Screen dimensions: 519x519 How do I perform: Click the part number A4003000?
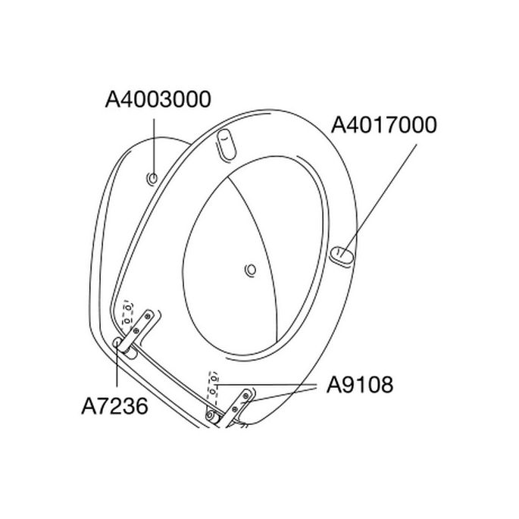[158, 99]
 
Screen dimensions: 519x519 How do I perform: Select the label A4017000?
[384, 125]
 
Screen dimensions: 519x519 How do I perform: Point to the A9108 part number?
[360, 385]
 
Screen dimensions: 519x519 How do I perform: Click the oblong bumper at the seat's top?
[225, 143]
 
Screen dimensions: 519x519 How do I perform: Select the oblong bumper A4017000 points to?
[342, 257]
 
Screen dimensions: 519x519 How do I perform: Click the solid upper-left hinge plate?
[142, 324]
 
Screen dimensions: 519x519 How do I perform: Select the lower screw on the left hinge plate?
[136, 329]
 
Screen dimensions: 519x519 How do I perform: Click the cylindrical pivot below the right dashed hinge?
[212, 413]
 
